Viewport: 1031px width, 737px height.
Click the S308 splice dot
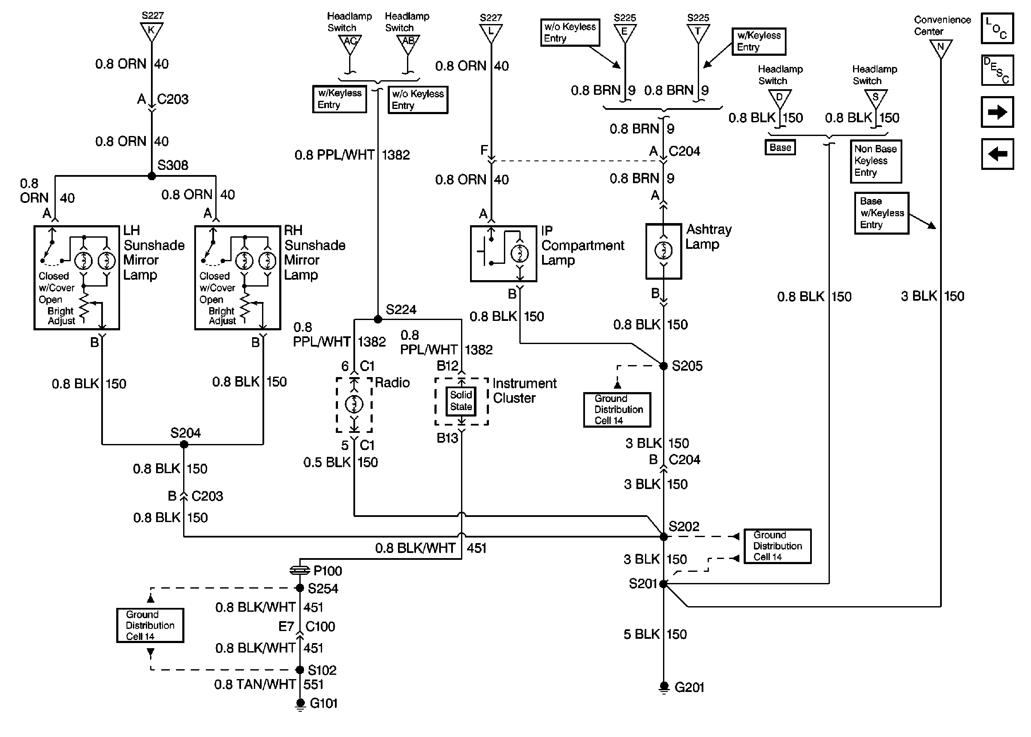click(x=151, y=176)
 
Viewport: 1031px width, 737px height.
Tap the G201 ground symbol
click(x=663, y=687)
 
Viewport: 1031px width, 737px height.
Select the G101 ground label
click(x=323, y=704)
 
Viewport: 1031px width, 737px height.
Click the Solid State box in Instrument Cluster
click(x=461, y=401)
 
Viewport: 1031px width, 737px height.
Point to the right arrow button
click(x=997, y=112)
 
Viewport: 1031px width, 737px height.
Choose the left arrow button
click(x=997, y=154)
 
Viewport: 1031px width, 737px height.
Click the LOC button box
click(x=997, y=29)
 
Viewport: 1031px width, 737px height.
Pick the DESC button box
click(x=997, y=70)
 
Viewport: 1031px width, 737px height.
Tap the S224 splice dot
click(x=378, y=320)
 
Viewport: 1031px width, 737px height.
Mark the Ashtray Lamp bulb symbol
click(x=663, y=250)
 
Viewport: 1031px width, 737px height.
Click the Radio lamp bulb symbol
click(x=354, y=403)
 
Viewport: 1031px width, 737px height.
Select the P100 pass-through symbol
click(x=300, y=570)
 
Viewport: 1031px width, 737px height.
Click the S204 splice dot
click(x=184, y=444)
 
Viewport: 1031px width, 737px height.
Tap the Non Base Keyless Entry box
click(x=875, y=161)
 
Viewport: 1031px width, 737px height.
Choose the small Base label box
click(x=780, y=148)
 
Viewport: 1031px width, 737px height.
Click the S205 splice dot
click(x=663, y=366)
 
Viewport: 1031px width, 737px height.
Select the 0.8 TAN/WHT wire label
click(x=255, y=684)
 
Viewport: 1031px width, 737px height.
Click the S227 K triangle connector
click(x=151, y=31)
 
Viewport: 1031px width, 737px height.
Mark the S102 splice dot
click(x=300, y=670)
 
